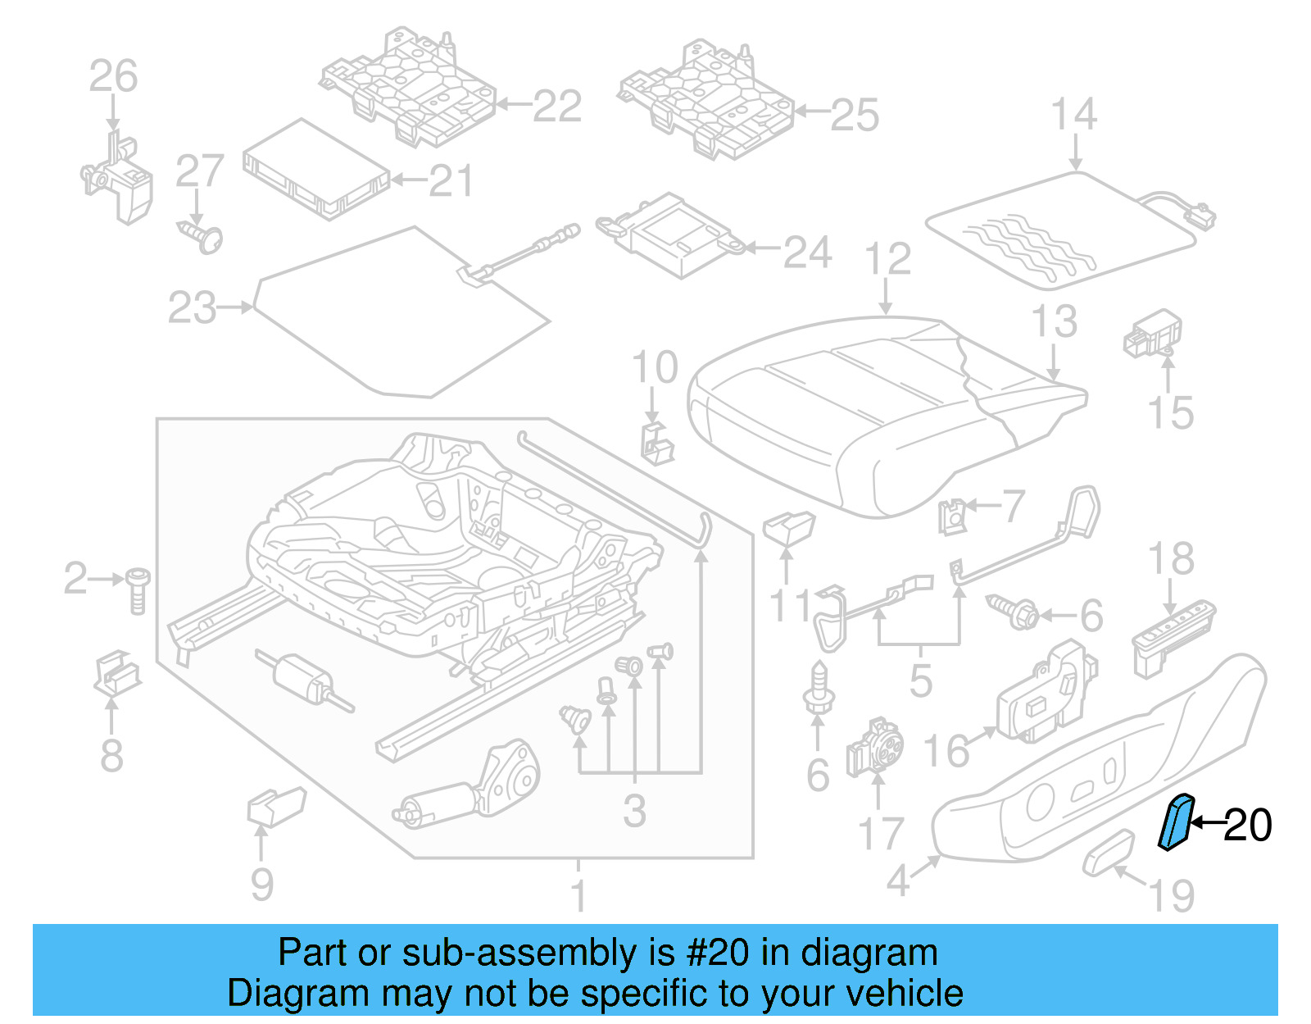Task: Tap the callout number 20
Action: (1247, 825)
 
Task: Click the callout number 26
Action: (113, 76)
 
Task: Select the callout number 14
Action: (1073, 114)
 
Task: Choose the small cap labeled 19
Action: (1109, 853)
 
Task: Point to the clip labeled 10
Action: (655, 443)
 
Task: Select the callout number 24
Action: (806, 252)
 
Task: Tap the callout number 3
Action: (634, 812)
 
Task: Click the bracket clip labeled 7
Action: (953, 516)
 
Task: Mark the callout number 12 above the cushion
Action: (887, 259)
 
